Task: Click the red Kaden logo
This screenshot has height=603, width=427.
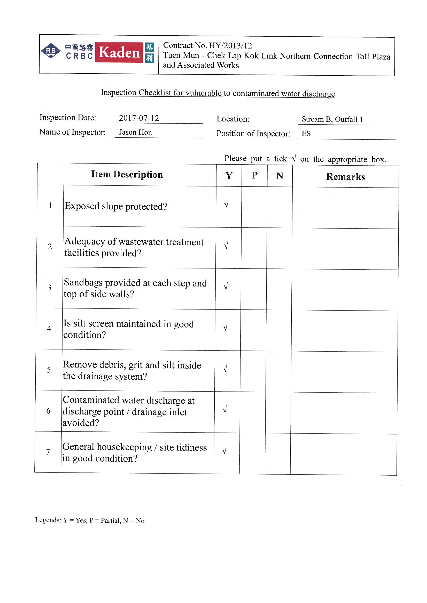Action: [x=119, y=52]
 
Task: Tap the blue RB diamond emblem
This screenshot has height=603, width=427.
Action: [x=51, y=51]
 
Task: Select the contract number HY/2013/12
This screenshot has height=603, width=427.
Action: [x=230, y=46]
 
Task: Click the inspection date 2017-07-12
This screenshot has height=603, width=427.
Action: [x=139, y=118]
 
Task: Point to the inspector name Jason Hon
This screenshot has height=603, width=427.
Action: [x=135, y=132]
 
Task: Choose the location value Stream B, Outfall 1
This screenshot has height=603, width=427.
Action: [x=332, y=119]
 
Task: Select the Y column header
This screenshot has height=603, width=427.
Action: [x=229, y=176]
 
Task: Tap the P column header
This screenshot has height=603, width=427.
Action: [x=254, y=175]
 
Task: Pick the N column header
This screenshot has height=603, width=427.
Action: [x=280, y=176]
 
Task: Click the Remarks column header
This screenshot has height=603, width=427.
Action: [x=345, y=177]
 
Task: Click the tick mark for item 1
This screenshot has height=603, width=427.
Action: [x=226, y=204]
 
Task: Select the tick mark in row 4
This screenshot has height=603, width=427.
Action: [x=225, y=328]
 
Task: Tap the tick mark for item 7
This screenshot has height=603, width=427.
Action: [x=224, y=451]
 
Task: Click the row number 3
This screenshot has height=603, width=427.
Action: [x=49, y=288]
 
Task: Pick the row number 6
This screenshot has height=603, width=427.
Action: [x=48, y=411]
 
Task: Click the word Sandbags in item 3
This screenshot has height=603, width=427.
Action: [x=83, y=283]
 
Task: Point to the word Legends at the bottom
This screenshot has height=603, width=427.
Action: [x=48, y=520]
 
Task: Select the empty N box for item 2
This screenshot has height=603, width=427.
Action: [x=280, y=248]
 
